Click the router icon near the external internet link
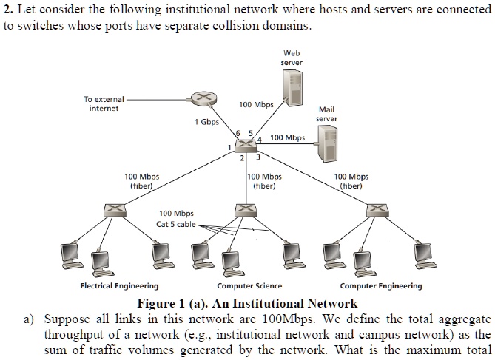199,99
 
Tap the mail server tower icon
326,143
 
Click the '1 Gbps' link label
206,123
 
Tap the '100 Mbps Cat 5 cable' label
175,219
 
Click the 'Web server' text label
292,58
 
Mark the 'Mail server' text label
326,114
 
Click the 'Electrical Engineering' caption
118,286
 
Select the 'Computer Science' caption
249,286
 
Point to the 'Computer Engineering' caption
381,286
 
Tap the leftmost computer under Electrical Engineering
72,254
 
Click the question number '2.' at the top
8,8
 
